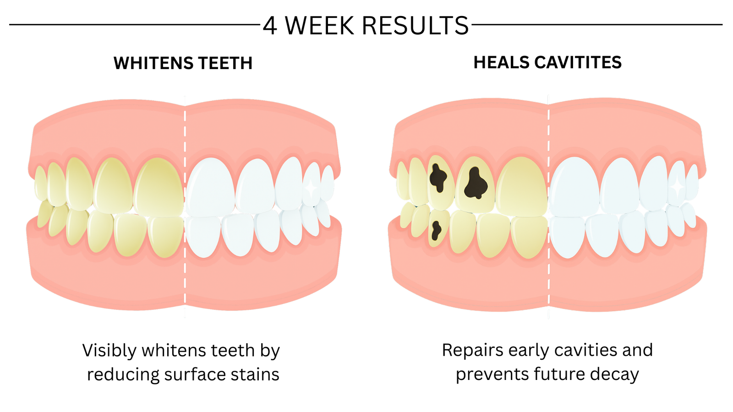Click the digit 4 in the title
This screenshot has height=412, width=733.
(x=270, y=26)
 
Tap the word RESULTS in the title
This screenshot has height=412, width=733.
(x=416, y=26)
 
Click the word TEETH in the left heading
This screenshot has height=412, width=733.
(x=225, y=63)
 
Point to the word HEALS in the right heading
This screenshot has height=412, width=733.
(x=501, y=62)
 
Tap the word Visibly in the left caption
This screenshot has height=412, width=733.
(x=109, y=351)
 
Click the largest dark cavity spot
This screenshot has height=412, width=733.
(x=476, y=183)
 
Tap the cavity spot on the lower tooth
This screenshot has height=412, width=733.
(x=436, y=231)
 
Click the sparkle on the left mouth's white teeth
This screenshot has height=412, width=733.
(x=311, y=188)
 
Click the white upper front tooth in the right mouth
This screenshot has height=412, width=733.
(x=574, y=187)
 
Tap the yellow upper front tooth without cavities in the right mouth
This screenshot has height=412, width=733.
(x=521, y=187)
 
